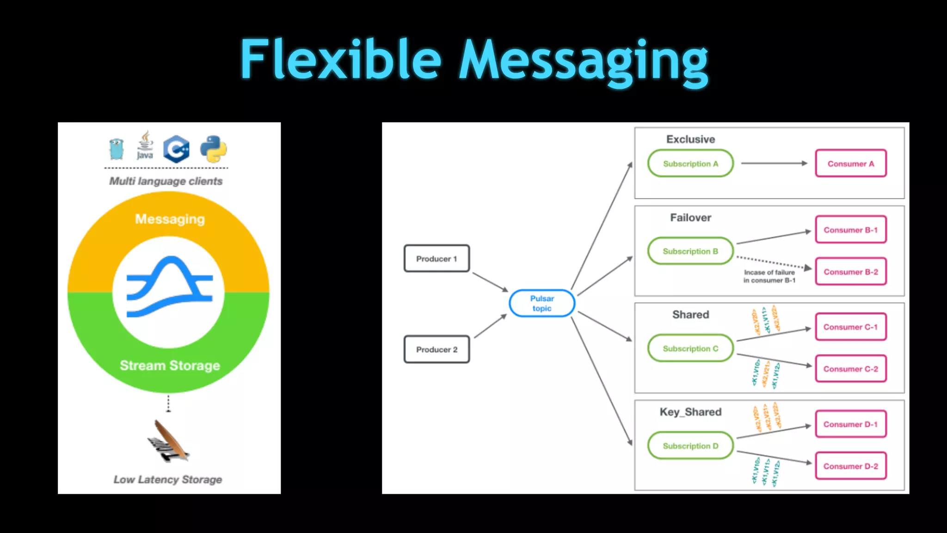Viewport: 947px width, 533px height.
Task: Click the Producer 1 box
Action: point(437,258)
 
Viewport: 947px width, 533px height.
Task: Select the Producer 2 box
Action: point(437,349)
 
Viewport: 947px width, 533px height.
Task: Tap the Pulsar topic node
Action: point(541,304)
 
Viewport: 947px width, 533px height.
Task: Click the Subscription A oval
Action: point(690,163)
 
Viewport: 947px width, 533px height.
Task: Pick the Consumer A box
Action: point(850,163)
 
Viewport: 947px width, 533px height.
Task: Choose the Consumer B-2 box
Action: point(850,272)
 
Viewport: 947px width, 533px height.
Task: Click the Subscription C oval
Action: point(690,348)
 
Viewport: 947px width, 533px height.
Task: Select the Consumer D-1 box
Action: point(850,424)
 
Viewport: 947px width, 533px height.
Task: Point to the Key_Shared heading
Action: point(690,412)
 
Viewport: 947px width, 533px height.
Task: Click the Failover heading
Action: point(690,217)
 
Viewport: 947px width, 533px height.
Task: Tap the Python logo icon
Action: point(214,149)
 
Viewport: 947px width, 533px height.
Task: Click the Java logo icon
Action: point(145,145)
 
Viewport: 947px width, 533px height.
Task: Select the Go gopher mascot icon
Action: point(117,149)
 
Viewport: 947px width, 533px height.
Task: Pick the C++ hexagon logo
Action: point(176,149)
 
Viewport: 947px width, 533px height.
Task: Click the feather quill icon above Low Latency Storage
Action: point(168,441)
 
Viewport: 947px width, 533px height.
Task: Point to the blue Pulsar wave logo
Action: point(170,287)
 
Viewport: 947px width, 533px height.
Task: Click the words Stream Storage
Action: point(170,366)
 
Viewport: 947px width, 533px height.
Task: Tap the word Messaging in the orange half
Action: point(170,219)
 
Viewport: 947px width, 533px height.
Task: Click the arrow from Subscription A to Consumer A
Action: point(774,163)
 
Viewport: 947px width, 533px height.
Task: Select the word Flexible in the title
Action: point(341,60)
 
